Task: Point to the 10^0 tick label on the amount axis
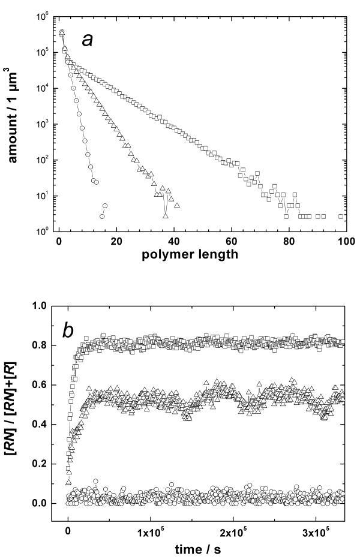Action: (x=41, y=232)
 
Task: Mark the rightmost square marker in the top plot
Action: (x=341, y=216)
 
